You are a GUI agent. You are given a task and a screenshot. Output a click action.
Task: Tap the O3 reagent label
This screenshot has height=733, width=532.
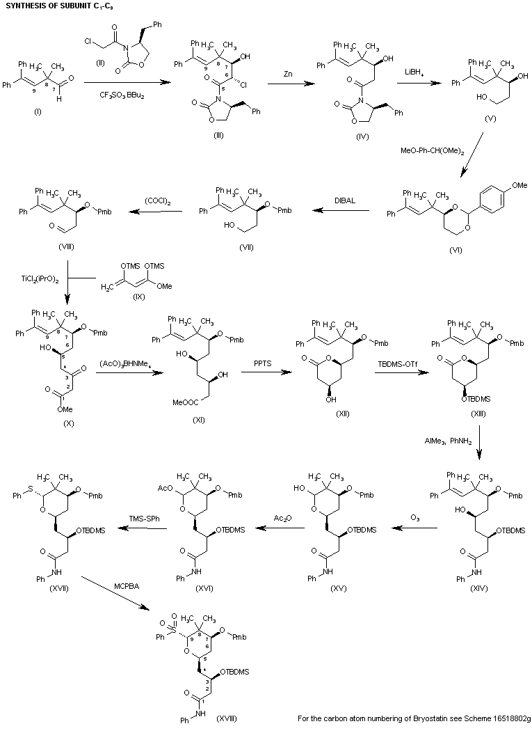click(413, 537)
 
